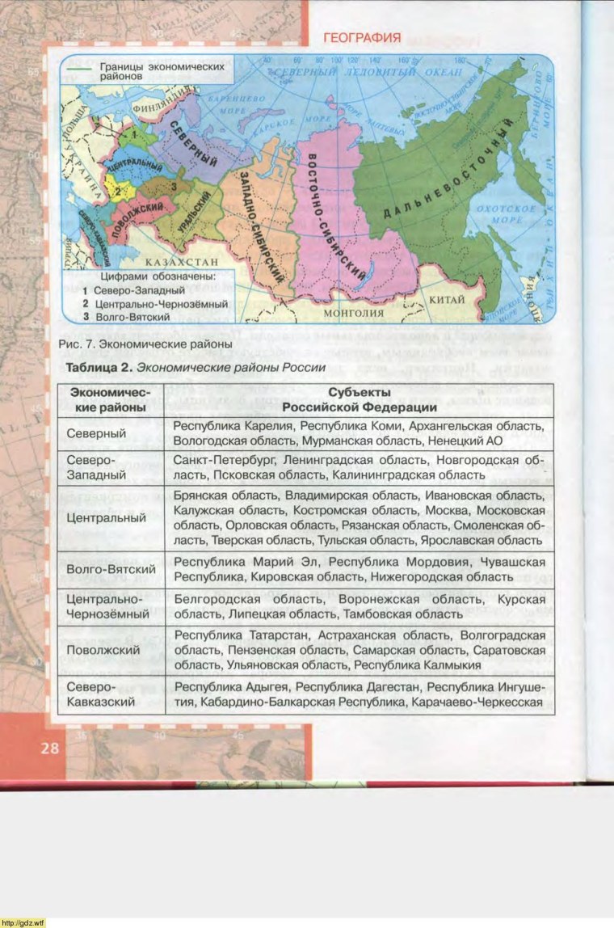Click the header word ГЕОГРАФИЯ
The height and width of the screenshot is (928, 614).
[362, 37]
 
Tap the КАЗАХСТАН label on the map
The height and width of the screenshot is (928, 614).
[182, 263]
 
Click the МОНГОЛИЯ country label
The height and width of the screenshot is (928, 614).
[352, 312]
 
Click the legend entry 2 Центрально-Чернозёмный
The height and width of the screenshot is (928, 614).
[154, 304]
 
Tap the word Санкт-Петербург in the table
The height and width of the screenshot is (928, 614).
[217, 459]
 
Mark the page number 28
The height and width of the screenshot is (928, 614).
[49, 748]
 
